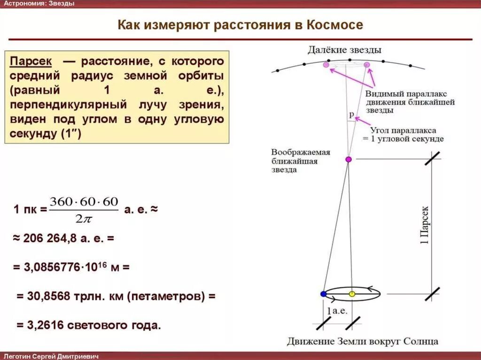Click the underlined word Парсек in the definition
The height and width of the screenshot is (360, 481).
coord(31,62)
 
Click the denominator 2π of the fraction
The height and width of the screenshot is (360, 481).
coord(83,218)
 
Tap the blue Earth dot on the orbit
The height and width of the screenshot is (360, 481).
coord(323,294)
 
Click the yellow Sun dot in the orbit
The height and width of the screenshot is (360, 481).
coord(352,294)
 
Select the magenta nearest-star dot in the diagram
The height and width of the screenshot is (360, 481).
coord(349,160)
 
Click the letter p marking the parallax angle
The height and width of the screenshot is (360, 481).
coord(351,114)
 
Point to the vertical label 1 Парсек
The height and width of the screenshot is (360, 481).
coord(424,225)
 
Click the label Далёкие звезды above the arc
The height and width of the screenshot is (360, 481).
coord(345,50)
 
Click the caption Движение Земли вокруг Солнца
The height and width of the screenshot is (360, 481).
coord(363,341)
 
